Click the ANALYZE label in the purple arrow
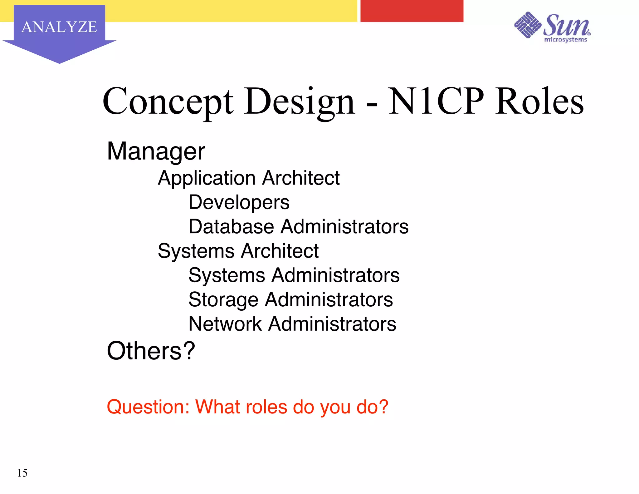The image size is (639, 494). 59,27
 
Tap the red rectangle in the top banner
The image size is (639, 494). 412,11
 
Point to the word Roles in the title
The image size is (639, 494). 539,101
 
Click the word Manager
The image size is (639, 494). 156,151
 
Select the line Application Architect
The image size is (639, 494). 248,178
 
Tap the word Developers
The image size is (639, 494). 239,202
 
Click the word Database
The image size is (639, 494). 231,226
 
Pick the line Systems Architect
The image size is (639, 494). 238,251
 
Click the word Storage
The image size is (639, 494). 223,300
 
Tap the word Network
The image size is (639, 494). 225,324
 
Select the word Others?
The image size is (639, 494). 151,351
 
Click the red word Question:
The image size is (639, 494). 148,407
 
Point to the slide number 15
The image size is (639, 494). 22,473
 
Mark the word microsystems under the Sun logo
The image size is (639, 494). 565,40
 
